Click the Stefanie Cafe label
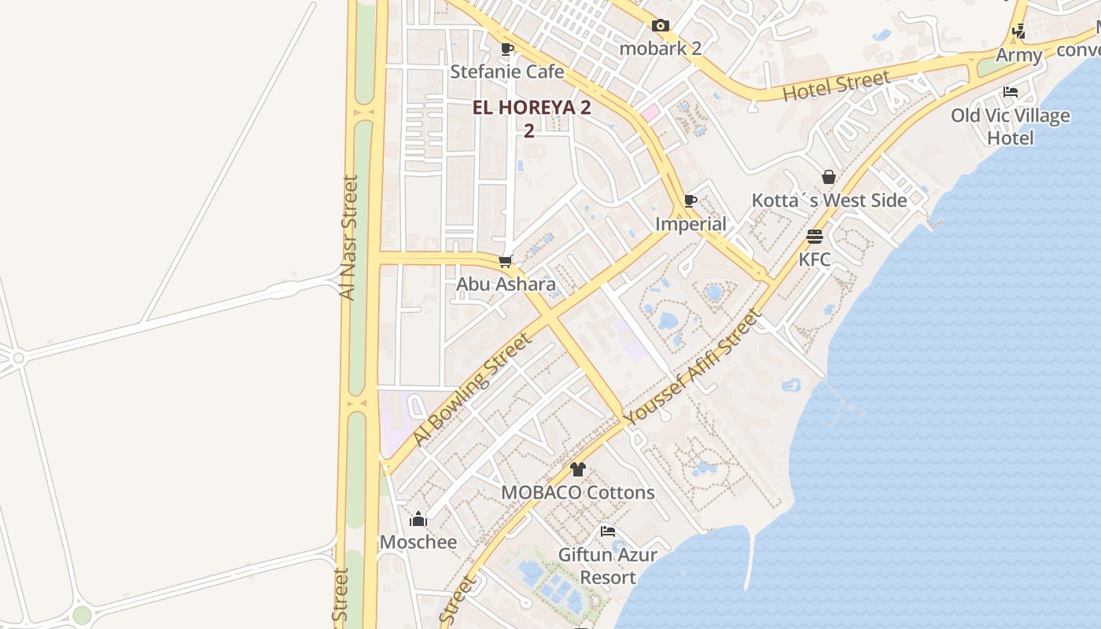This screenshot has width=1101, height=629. [507, 72]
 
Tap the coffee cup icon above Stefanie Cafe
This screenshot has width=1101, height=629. [507, 49]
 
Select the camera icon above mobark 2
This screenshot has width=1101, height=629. [661, 25]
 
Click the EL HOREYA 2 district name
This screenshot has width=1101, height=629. [532, 109]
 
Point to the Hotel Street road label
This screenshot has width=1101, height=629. [837, 85]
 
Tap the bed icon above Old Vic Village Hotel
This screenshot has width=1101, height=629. [1011, 92]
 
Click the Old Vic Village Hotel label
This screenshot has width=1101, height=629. [1011, 127]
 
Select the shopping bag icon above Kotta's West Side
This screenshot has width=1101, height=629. [829, 177]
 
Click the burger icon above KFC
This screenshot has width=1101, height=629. [815, 237]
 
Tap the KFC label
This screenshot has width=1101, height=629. [815, 259]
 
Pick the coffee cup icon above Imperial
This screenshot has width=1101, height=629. [690, 201]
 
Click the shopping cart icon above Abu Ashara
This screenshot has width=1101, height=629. [506, 261]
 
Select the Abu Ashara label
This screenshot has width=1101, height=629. [506, 284]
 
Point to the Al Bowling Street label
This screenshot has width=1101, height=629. [472, 389]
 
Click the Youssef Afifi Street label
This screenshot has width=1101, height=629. [693, 366]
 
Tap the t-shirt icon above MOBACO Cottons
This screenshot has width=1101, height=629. [578, 469]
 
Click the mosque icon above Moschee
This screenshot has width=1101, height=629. [418, 519]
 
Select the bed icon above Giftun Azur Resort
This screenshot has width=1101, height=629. [608, 532]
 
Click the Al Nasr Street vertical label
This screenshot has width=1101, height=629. [348, 237]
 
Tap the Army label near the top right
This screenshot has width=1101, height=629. [1018, 55]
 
